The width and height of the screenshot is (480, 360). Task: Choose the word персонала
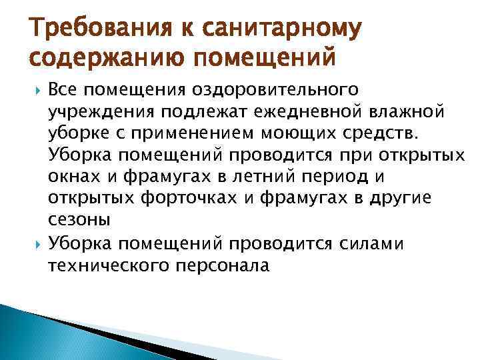click(227, 266)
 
